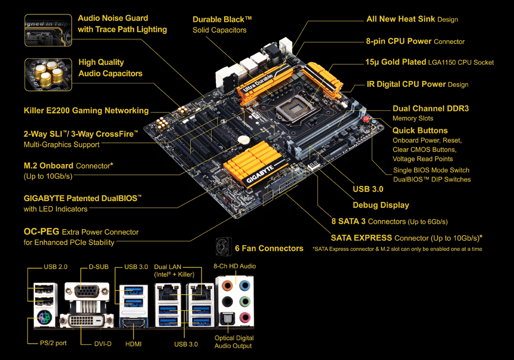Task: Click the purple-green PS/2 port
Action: click(44, 317)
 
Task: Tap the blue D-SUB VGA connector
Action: click(87, 291)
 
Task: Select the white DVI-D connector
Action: click(86, 320)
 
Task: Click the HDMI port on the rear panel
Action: click(134, 323)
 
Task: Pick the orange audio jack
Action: click(227, 285)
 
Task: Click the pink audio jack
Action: click(245, 317)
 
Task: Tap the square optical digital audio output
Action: click(227, 318)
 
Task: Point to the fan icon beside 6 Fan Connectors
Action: click(224, 246)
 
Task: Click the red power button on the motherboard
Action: click(366, 119)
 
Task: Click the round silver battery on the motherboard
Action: click(244, 140)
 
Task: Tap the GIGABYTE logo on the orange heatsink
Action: click(260, 174)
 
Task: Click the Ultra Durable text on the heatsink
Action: click(258, 82)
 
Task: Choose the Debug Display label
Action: click(381, 205)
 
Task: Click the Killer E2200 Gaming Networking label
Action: click(86, 111)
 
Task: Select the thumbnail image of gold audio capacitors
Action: click(48, 75)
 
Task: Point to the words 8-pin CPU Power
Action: click(399, 41)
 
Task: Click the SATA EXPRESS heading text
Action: click(361, 238)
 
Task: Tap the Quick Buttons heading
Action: click(420, 131)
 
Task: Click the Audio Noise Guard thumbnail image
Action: click(48, 30)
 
